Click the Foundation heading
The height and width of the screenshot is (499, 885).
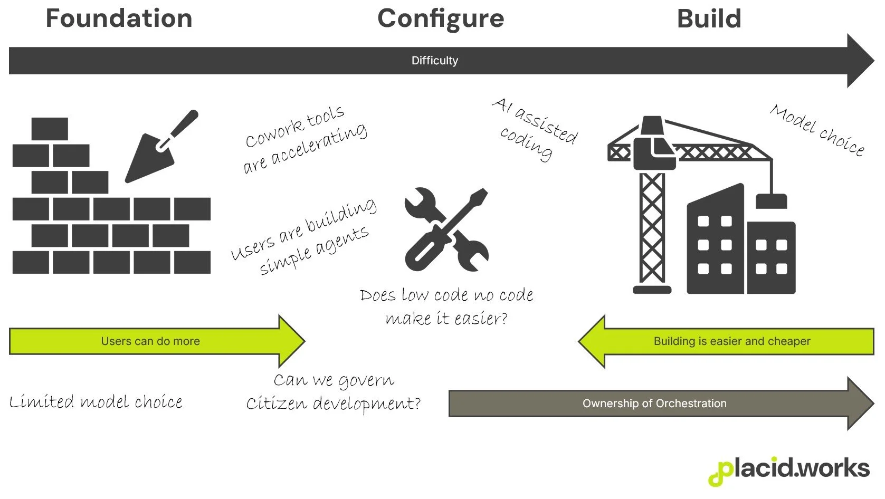119,18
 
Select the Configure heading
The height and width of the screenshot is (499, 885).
441,20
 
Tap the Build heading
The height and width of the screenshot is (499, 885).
709,19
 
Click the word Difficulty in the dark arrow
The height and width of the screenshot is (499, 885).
434,61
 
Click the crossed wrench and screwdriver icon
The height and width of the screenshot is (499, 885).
446,229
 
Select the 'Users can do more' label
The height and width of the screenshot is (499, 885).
150,341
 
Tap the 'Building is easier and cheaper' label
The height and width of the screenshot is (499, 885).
731,341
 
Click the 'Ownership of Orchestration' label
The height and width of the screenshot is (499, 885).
654,404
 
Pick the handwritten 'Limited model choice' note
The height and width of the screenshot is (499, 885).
96,402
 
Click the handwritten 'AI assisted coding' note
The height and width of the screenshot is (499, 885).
534,129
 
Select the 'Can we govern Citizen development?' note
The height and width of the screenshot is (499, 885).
334,392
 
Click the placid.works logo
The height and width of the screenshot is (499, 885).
788,470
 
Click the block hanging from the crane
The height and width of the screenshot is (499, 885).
771,201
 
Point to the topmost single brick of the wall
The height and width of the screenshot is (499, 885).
50,129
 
